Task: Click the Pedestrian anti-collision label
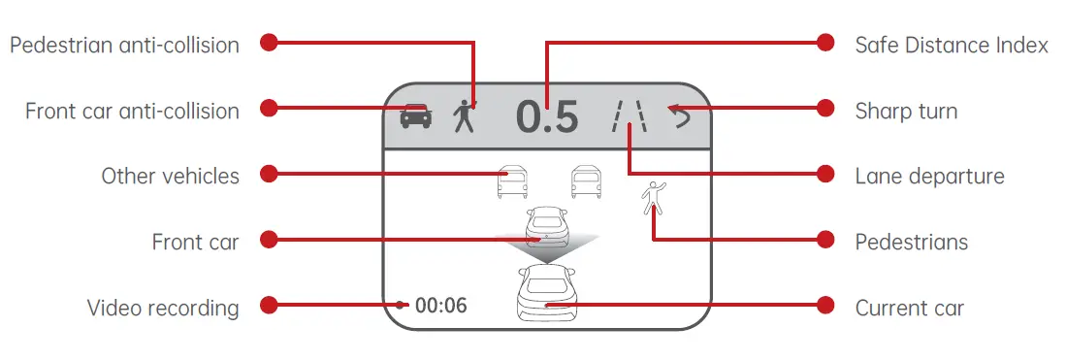click(124, 45)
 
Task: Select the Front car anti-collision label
click(132, 111)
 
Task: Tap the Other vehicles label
click(170, 176)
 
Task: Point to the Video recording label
click(163, 309)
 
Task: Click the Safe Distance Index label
click(952, 45)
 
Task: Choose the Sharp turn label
click(906, 111)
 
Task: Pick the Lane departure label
click(929, 176)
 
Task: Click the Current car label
click(909, 309)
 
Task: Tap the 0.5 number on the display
click(547, 117)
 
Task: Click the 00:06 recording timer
click(440, 307)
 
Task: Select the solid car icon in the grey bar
click(416, 116)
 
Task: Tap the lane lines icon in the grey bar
click(629, 116)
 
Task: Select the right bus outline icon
click(585, 182)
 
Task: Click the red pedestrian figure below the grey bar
click(654, 197)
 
